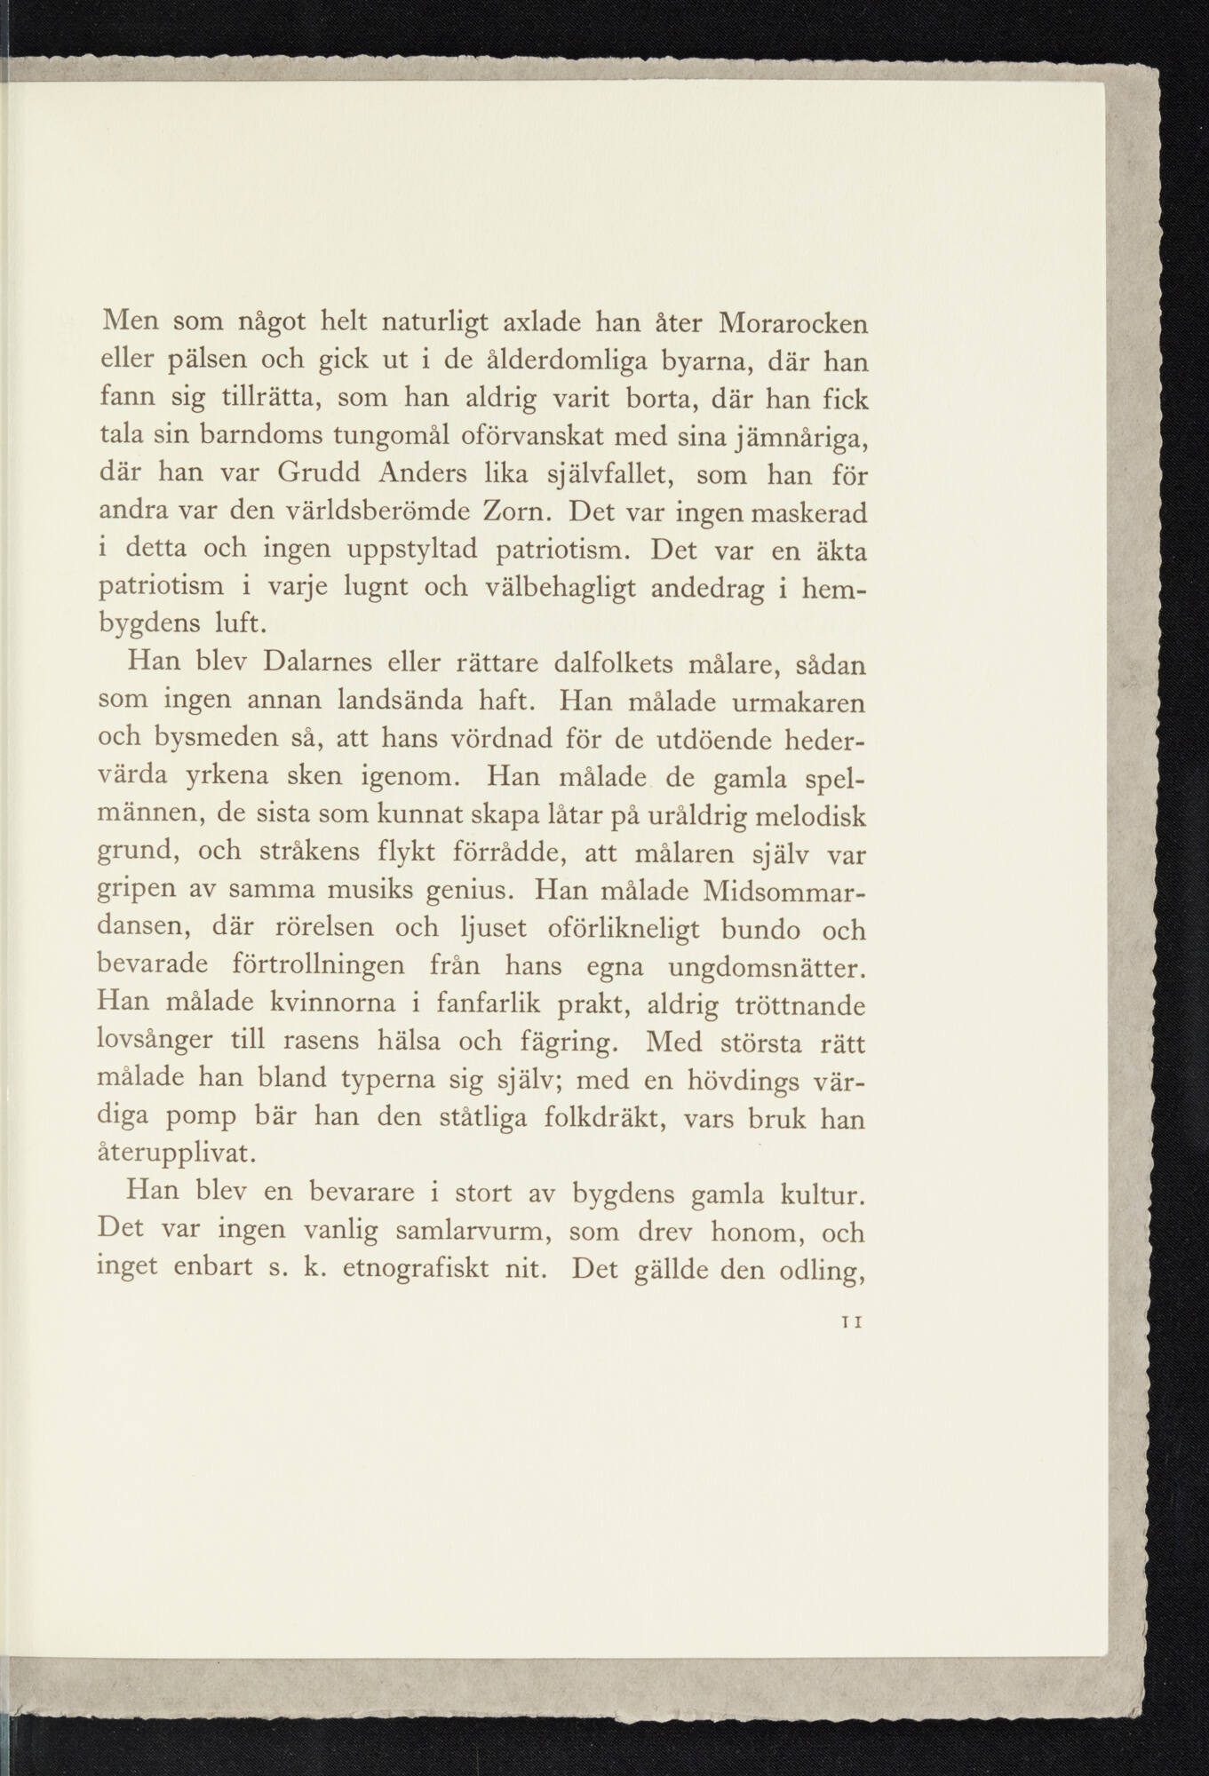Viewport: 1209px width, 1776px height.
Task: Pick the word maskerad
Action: click(803, 512)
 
